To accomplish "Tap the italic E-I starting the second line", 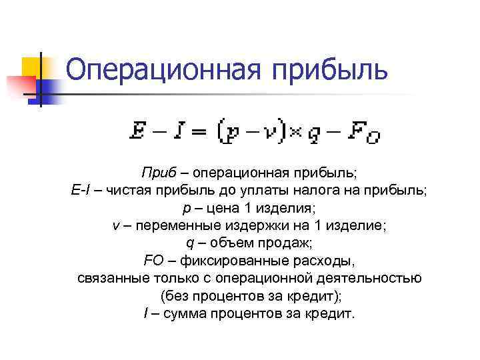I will [79, 191].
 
